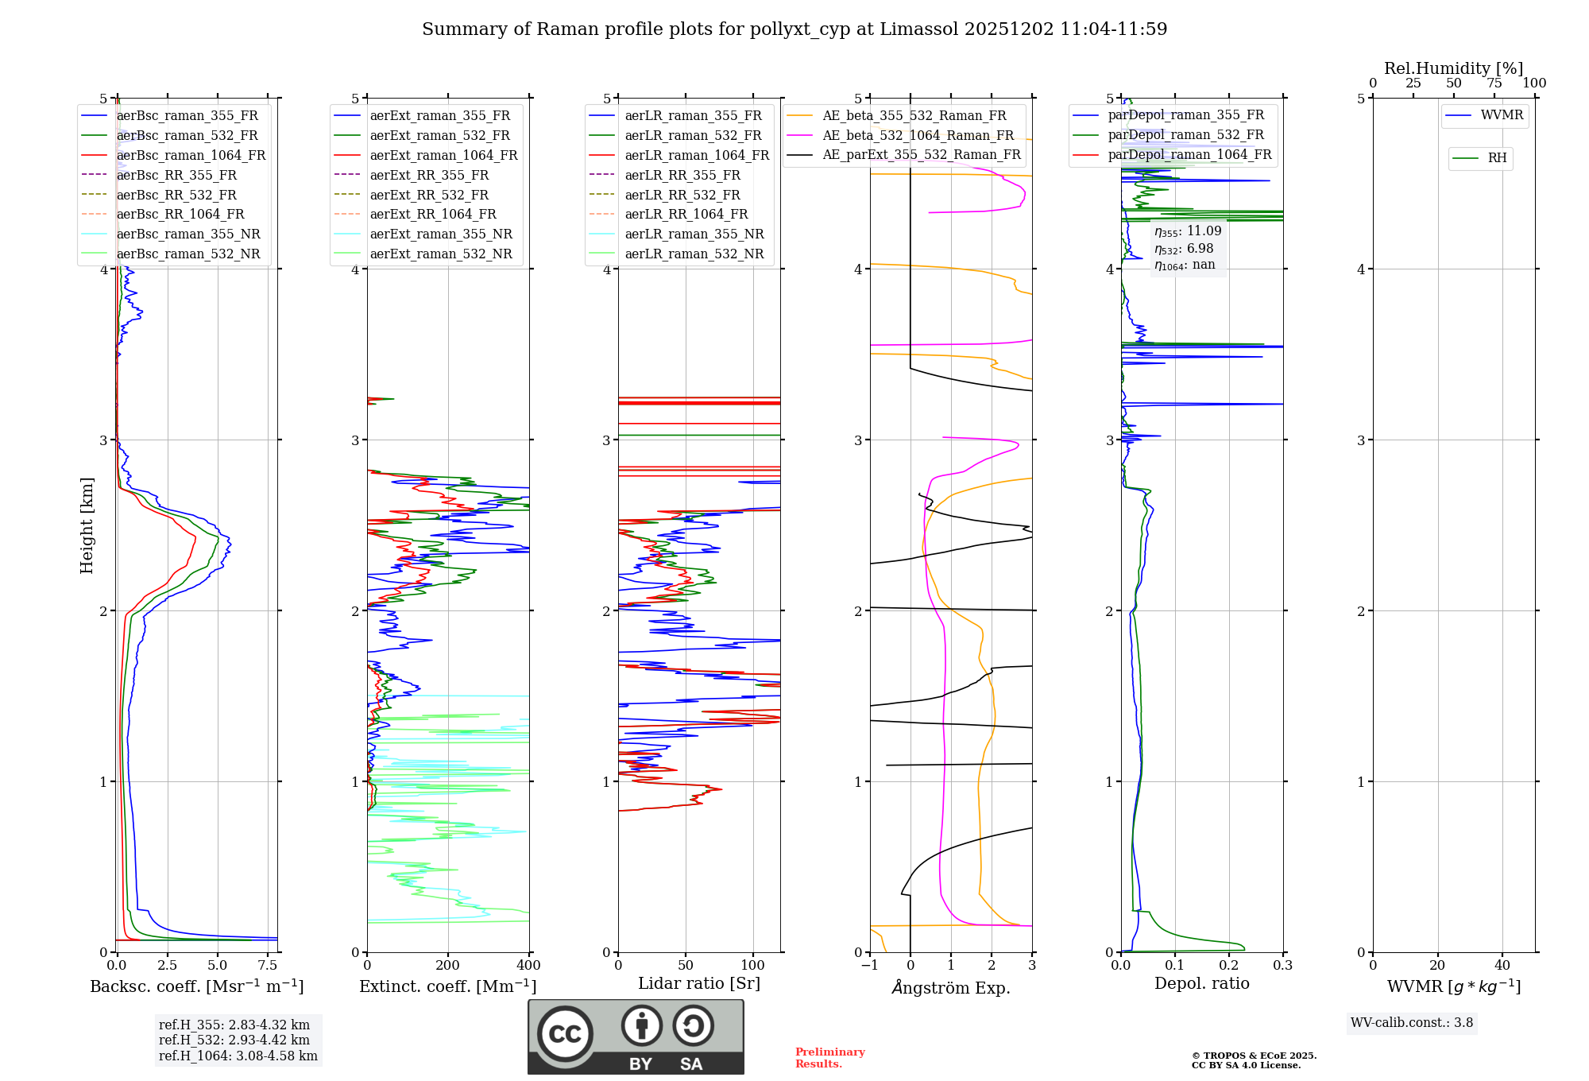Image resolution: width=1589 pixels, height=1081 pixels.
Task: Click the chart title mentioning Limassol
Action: [x=794, y=29]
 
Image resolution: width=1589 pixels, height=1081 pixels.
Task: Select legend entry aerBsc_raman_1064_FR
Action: [x=191, y=155]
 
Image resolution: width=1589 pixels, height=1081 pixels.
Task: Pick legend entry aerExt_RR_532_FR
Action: [x=429, y=195]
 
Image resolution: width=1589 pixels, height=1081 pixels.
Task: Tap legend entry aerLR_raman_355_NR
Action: [x=694, y=234]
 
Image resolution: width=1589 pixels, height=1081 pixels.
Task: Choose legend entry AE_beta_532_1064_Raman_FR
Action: [x=918, y=135]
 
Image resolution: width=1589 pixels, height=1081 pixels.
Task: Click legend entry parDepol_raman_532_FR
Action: [x=1185, y=135]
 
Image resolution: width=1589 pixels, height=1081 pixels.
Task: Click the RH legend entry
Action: [x=1497, y=158]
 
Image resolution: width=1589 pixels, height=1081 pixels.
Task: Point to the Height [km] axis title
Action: [x=87, y=525]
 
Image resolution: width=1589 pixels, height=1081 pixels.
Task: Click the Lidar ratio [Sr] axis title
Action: [x=699, y=983]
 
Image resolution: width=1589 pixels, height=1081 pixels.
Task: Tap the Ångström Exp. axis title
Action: [x=951, y=987]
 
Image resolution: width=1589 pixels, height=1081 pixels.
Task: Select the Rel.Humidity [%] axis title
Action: [x=1453, y=68]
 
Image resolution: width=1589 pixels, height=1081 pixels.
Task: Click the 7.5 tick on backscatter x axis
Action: [x=268, y=965]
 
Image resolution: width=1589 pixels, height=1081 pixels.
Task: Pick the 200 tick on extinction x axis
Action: [x=447, y=965]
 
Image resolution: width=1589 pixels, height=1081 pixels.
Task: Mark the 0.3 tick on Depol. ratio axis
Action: [x=1282, y=965]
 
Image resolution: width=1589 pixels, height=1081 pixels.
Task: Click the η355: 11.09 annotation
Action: [x=1188, y=231]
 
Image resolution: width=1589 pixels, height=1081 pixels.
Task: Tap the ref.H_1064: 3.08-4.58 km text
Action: [x=238, y=1056]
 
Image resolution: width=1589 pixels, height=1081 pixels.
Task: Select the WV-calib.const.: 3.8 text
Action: [x=1412, y=1022]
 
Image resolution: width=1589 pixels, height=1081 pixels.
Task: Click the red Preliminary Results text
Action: [x=829, y=1057]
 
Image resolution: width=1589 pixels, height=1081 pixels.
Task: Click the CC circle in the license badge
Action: [x=565, y=1033]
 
